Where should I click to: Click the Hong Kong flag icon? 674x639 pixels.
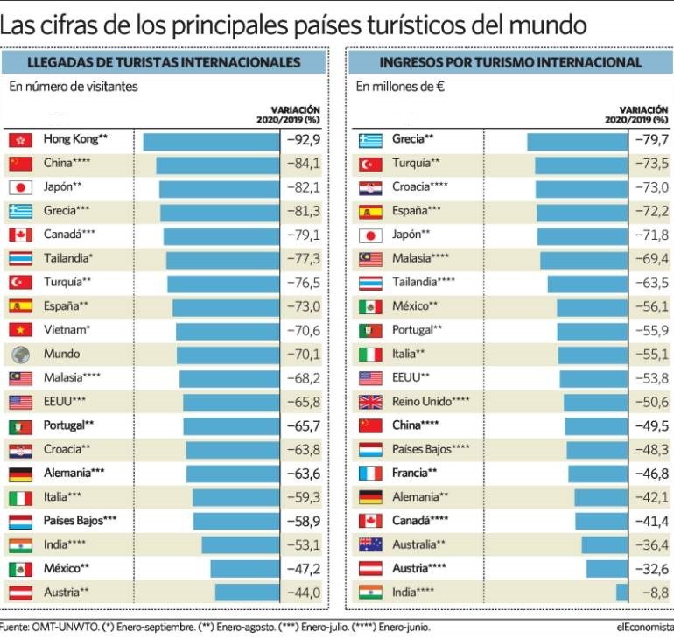point(20,139)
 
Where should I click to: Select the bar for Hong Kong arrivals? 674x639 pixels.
point(210,139)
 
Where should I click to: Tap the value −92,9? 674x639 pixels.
point(303,139)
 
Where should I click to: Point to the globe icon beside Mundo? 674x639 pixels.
point(20,355)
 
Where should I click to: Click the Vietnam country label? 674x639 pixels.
point(67,330)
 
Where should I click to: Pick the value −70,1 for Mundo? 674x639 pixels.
point(303,355)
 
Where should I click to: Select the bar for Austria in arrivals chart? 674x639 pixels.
point(247,593)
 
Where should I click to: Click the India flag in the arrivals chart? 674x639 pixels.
point(20,545)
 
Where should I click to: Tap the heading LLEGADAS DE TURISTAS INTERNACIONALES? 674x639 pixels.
point(165,62)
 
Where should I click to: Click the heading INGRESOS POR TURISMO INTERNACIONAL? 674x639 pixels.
point(510,62)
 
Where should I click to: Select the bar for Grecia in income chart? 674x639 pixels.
point(577,139)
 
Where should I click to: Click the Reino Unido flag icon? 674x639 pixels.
point(371,402)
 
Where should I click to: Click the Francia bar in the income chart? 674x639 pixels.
point(598,474)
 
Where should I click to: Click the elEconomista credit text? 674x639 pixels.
point(644,627)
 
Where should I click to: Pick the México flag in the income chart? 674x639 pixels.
point(371,306)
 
